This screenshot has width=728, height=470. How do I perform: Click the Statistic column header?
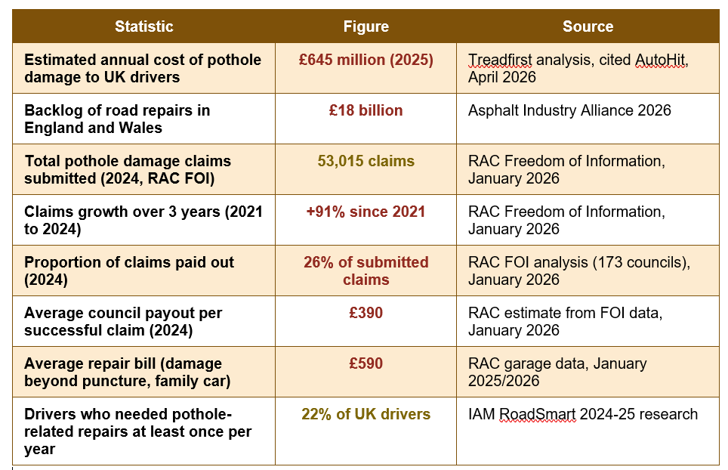click(144, 26)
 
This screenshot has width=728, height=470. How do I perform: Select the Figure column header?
click(366, 26)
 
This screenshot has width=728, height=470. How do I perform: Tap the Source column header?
click(588, 26)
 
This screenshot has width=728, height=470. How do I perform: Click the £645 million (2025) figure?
click(366, 60)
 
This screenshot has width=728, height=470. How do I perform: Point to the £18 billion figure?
click(366, 110)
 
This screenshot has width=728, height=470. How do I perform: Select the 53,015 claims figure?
click(366, 161)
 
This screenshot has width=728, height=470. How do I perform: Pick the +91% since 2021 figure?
click(366, 212)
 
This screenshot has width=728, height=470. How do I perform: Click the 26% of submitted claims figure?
click(366, 271)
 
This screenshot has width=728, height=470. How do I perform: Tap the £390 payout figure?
click(366, 313)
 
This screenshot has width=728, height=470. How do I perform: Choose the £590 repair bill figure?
click(366, 363)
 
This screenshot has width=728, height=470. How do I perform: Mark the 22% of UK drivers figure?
click(366, 414)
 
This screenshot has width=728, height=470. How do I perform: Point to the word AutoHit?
click(660, 60)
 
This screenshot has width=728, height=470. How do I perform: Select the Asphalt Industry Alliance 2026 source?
click(569, 110)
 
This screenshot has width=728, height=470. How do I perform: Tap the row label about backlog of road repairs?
click(117, 119)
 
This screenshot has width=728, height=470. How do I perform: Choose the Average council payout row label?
click(123, 321)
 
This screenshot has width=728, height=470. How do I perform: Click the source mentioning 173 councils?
click(579, 271)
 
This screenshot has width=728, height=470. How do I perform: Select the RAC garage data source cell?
click(557, 372)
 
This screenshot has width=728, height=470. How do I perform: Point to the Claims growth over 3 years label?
click(143, 220)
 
